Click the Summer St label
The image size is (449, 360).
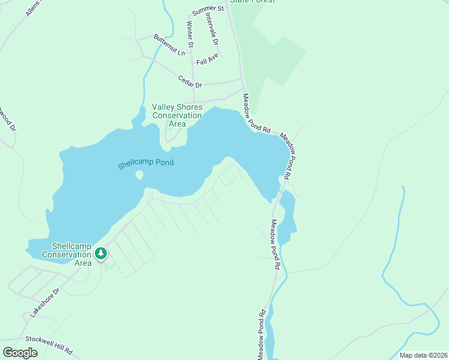pyautogui.click(x=208, y=10)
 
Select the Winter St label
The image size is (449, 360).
pyautogui.click(x=190, y=35)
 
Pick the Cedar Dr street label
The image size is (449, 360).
pyautogui.click(x=190, y=81)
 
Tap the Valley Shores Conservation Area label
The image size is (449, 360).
pyautogui.click(x=177, y=115)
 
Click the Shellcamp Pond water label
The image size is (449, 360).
pyautogui.click(x=145, y=163)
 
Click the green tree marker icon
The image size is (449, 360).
pyautogui.click(x=101, y=254)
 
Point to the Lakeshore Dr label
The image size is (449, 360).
pyautogui.click(x=46, y=303)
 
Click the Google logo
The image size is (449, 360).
pyautogui.click(x=20, y=353)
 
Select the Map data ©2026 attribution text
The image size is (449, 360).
pyautogui.click(x=423, y=355)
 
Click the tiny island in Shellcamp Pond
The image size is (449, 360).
pyautogui.click(x=139, y=175)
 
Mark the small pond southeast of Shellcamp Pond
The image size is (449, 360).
pyautogui.click(x=287, y=216)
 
